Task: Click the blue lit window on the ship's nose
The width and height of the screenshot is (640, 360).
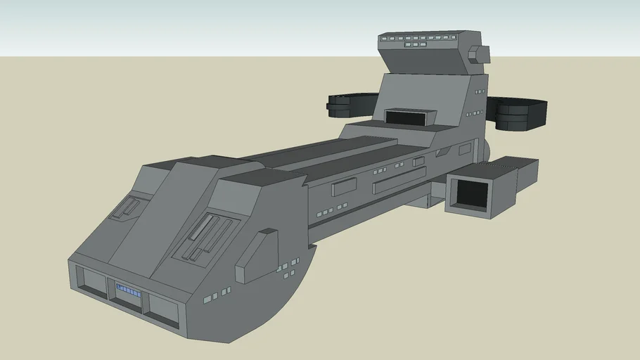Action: pos(128,290)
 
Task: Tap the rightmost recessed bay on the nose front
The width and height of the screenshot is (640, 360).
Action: pos(162,310)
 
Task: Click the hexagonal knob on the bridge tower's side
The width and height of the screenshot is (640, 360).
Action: pos(478,55)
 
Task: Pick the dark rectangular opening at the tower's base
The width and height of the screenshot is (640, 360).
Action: pos(409,117)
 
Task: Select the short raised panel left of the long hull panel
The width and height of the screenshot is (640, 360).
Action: pos(344,186)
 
